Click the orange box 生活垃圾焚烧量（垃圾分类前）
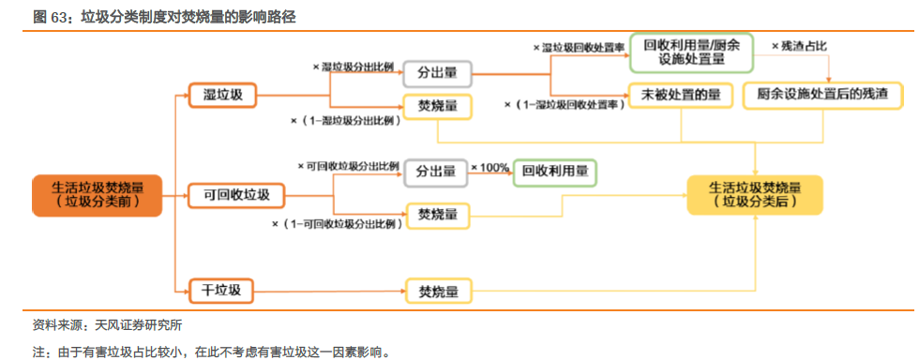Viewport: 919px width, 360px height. click(x=96, y=193)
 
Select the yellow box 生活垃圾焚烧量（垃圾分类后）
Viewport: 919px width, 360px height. click(x=754, y=193)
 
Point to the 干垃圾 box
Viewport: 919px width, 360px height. click(x=221, y=291)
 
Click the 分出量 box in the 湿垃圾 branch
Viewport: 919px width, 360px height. click(x=437, y=72)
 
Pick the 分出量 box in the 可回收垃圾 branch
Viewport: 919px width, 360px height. click(x=437, y=172)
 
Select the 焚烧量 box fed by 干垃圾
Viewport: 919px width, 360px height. click(x=437, y=292)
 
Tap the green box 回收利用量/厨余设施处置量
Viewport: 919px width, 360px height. click(x=692, y=52)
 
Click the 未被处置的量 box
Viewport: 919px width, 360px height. click(x=681, y=95)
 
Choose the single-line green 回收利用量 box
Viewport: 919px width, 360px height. click(x=554, y=172)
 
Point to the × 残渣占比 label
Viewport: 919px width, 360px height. click(x=798, y=46)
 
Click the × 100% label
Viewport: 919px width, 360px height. click(x=490, y=168)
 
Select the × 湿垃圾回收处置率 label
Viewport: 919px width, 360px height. click(x=579, y=47)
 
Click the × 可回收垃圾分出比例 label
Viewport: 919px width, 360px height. click(x=346, y=164)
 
